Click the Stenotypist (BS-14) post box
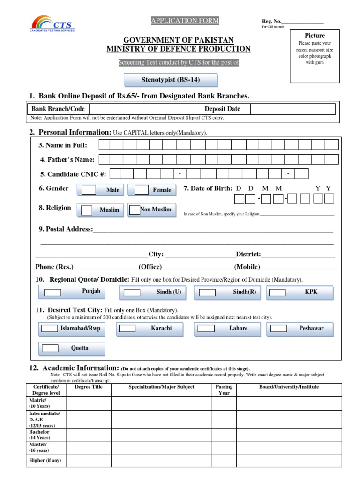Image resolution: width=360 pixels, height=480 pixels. click(171, 80)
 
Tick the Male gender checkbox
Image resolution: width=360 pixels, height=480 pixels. click(89, 190)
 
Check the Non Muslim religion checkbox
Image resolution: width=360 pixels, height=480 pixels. click(135, 210)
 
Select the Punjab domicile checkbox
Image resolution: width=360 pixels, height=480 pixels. click(52, 292)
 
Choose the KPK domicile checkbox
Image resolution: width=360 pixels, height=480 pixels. click(277, 292)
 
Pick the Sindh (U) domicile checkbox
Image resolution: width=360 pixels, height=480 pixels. click(132, 292)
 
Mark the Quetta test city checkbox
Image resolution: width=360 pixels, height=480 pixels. click(50, 348)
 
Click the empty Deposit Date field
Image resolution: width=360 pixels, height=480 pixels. click(292, 109)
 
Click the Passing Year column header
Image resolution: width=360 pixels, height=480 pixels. click(224, 390)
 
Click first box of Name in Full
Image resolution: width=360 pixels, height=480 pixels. click(105, 145)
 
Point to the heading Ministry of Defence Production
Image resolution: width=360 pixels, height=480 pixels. click(179, 49)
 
